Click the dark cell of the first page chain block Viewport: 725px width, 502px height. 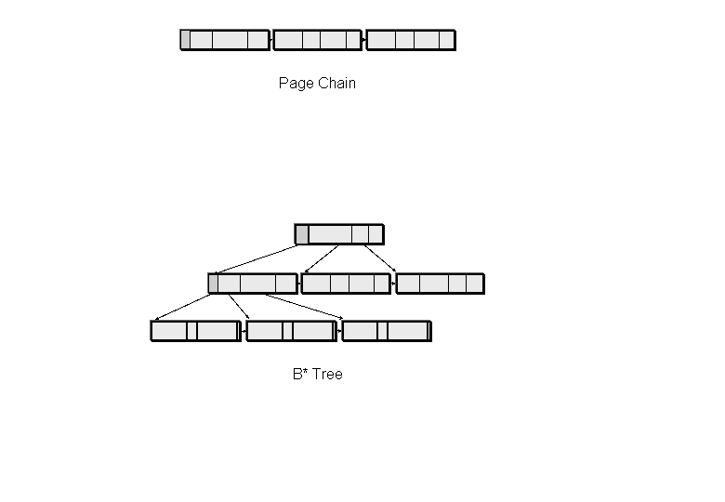pyautogui.click(x=185, y=40)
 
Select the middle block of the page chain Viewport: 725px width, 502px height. pyautogui.click(x=317, y=40)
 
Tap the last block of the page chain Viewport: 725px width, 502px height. pyautogui.click(x=411, y=40)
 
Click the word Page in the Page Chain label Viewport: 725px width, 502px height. pyautogui.click(x=296, y=83)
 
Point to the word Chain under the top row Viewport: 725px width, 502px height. pyautogui.click(x=336, y=83)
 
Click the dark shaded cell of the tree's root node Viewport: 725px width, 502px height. pyautogui.click(x=302, y=234)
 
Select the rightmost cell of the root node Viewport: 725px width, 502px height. pyautogui.click(x=375, y=234)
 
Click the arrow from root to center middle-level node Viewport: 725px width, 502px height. pyautogui.click(x=323, y=258)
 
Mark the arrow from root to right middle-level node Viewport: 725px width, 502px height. pyautogui.click(x=379, y=258)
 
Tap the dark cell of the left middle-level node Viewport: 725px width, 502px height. pyautogui.click(x=213, y=283)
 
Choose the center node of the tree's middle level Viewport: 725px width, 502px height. pyautogui.click(x=346, y=283)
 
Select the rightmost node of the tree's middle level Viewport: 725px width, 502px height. pyautogui.click(x=441, y=283)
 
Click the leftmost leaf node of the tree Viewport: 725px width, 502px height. pyautogui.click(x=195, y=331)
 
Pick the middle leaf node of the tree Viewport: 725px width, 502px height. pyautogui.click(x=291, y=331)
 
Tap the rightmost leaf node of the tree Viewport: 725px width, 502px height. pyautogui.click(x=386, y=331)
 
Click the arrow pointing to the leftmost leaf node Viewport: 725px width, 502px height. pyautogui.click(x=182, y=307)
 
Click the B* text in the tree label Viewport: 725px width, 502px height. pyautogui.click(x=299, y=375)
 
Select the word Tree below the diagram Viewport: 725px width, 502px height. pyautogui.click(x=327, y=375)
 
